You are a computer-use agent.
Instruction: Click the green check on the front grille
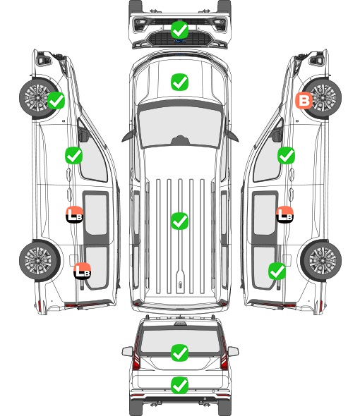(179, 30)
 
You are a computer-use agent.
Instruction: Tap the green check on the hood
(179, 82)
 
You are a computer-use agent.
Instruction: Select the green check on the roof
(179, 221)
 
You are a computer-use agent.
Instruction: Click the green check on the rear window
(179, 353)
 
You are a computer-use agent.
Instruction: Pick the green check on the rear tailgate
(179, 385)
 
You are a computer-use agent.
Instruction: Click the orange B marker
(304, 101)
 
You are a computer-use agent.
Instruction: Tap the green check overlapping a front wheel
(56, 100)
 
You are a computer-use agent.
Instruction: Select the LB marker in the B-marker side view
(284, 214)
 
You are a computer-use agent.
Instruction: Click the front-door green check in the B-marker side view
(286, 155)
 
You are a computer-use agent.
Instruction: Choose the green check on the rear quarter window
(277, 271)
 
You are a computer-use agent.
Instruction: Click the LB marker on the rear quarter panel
(83, 271)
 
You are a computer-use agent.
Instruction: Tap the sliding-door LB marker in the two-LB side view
(74, 214)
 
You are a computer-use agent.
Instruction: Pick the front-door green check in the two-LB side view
(74, 155)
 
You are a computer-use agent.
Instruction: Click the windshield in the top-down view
(180, 126)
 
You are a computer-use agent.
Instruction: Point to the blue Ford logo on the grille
(180, 41)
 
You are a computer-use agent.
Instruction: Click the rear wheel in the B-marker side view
(321, 261)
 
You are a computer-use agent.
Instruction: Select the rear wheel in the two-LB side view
(40, 261)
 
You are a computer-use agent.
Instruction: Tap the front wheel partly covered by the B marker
(321, 98)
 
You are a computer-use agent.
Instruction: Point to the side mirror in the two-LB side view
(83, 135)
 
